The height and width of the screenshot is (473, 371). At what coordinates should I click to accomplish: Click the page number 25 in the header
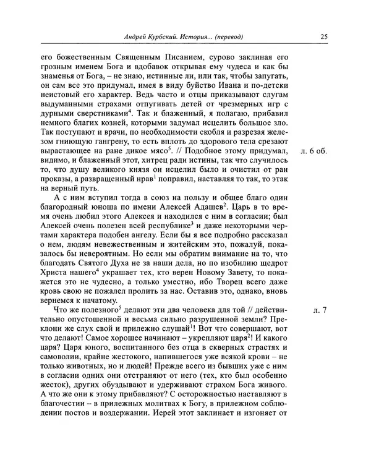pyautogui.click(x=323, y=36)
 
